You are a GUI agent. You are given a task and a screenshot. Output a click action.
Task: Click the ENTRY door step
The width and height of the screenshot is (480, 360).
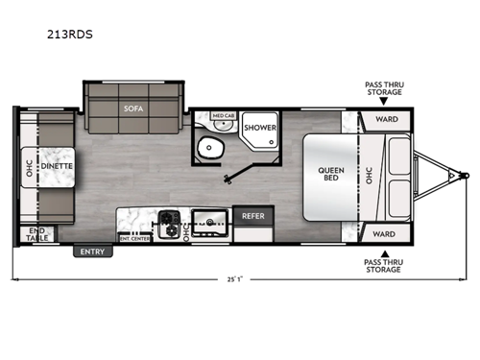[x=93, y=252]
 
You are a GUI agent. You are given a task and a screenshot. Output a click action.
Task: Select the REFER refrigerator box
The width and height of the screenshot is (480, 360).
[x=253, y=216]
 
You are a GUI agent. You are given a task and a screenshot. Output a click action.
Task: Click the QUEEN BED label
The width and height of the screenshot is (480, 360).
[x=331, y=176]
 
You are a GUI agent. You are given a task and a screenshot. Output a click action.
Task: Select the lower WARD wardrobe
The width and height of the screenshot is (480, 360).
[x=384, y=232]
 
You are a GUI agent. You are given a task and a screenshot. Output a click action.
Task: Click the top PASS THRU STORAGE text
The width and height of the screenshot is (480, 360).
[x=384, y=88]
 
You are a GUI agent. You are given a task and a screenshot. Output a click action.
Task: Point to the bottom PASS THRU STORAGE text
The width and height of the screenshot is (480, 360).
[x=384, y=265]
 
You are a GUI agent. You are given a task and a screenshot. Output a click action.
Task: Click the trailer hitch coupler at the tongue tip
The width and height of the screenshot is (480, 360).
[x=464, y=176]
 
